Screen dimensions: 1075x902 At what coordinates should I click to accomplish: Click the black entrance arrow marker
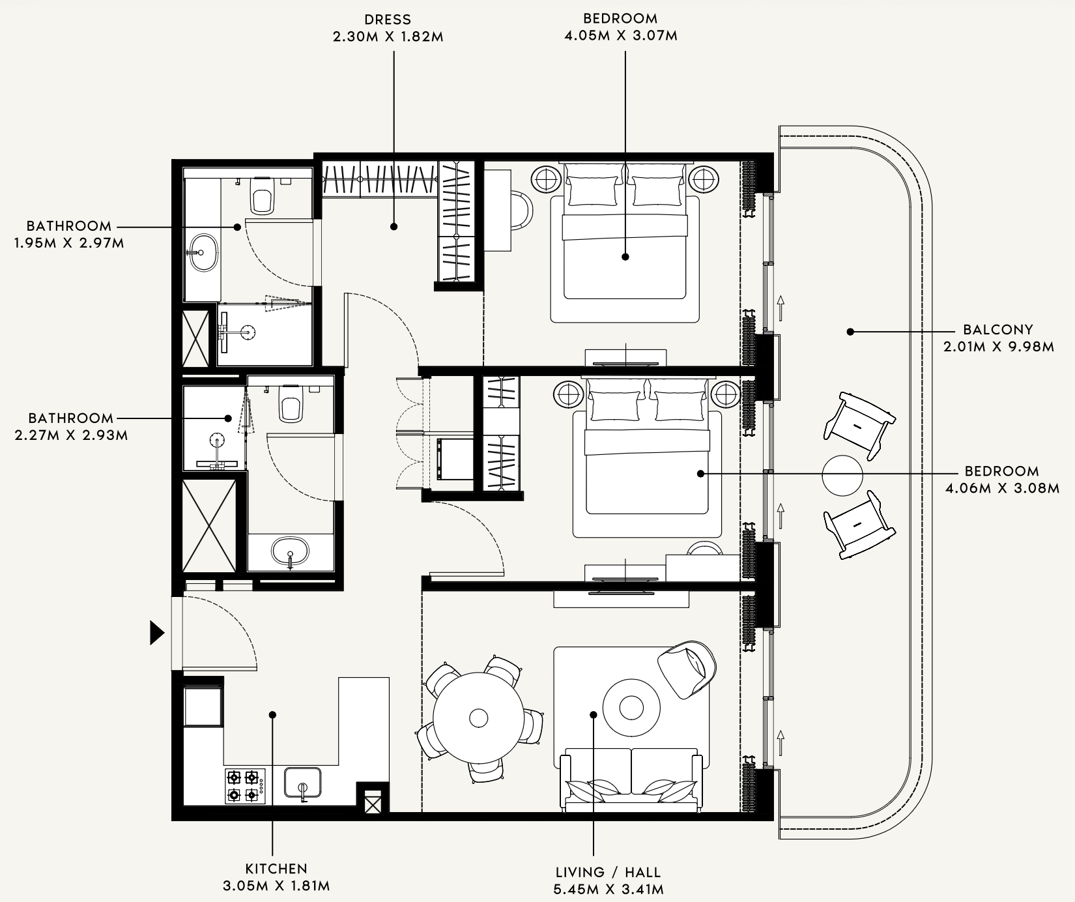click(156, 633)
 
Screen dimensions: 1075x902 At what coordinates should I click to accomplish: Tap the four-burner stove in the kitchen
click(245, 786)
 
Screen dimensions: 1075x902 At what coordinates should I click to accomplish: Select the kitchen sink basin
click(302, 782)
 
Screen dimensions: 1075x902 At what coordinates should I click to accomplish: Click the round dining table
click(479, 718)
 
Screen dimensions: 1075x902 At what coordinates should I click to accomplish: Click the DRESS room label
click(388, 20)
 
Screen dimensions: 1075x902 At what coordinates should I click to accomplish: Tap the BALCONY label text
click(998, 330)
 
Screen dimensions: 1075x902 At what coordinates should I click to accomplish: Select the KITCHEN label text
click(276, 868)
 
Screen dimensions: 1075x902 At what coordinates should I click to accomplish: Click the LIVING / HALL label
click(609, 872)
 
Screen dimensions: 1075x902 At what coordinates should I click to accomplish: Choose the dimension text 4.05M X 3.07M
click(620, 35)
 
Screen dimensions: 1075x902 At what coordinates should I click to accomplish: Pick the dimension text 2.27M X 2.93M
click(71, 435)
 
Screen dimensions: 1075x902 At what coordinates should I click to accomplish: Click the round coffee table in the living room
click(631, 707)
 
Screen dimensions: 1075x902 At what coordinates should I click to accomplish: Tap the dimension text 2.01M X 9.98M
click(999, 347)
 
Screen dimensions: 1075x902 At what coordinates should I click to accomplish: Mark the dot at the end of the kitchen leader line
click(273, 715)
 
